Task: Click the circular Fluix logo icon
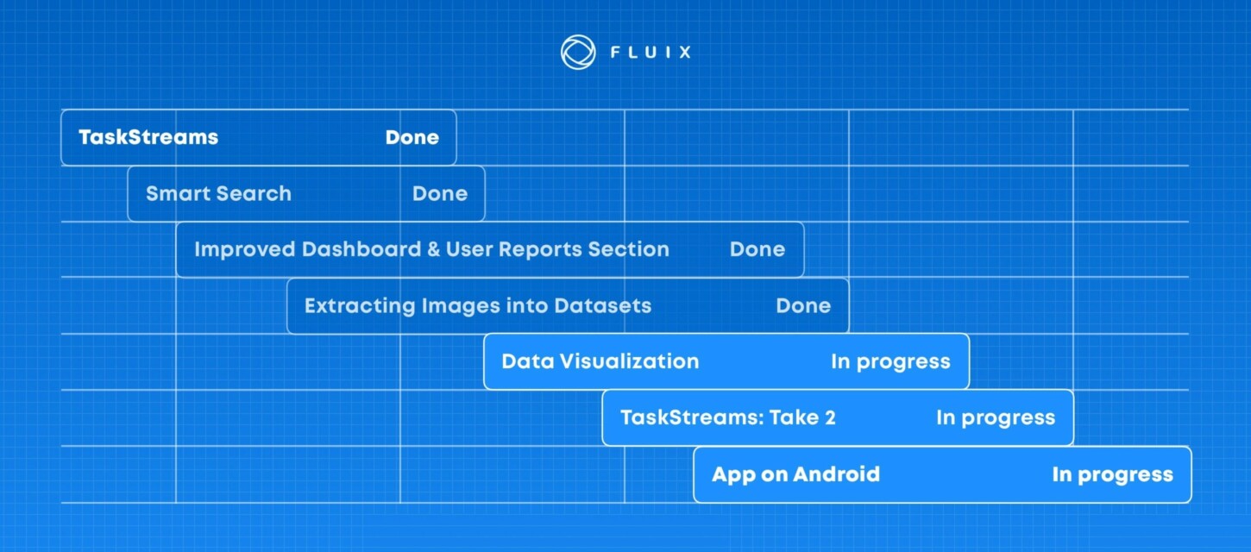coord(577,52)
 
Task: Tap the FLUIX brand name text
coord(651,52)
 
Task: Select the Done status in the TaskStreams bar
coord(412,137)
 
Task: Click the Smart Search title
coord(218,193)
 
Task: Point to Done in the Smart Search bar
coord(440,193)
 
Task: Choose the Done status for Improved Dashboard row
coord(758,249)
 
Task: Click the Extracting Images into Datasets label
coord(477,305)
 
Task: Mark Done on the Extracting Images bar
coord(803,305)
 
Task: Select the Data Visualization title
coord(600,361)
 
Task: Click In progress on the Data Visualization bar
coord(890,361)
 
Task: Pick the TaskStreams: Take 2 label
coord(727,417)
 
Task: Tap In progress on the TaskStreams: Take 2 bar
coord(996,417)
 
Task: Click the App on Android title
coord(795,474)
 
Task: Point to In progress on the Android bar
coord(1112,474)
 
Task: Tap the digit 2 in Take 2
coord(829,417)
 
